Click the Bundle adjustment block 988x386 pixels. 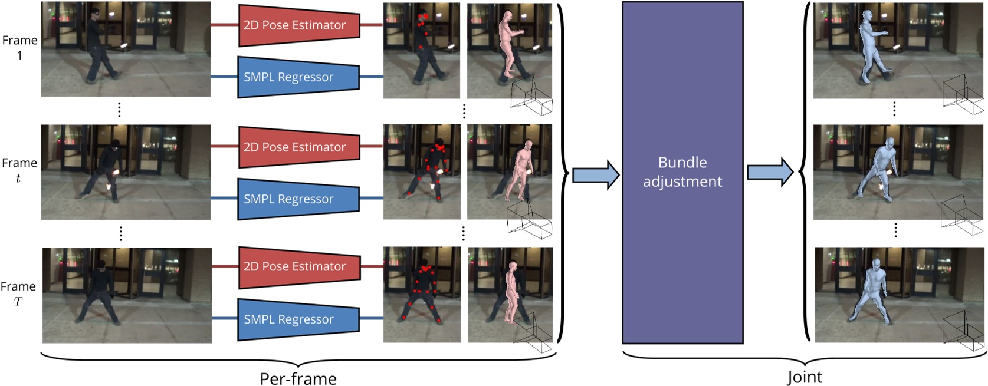pyautogui.click(x=682, y=172)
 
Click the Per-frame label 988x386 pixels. pyautogui.click(x=298, y=378)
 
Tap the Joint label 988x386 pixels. pyautogui.click(x=804, y=377)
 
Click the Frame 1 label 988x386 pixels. pyautogui.click(x=19, y=48)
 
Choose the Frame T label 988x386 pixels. pyautogui.click(x=18, y=293)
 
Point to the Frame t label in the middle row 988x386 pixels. pyautogui.click(x=19, y=170)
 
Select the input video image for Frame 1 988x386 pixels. pyautogui.click(x=126, y=49)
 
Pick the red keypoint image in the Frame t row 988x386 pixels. pyautogui.click(x=422, y=171)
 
